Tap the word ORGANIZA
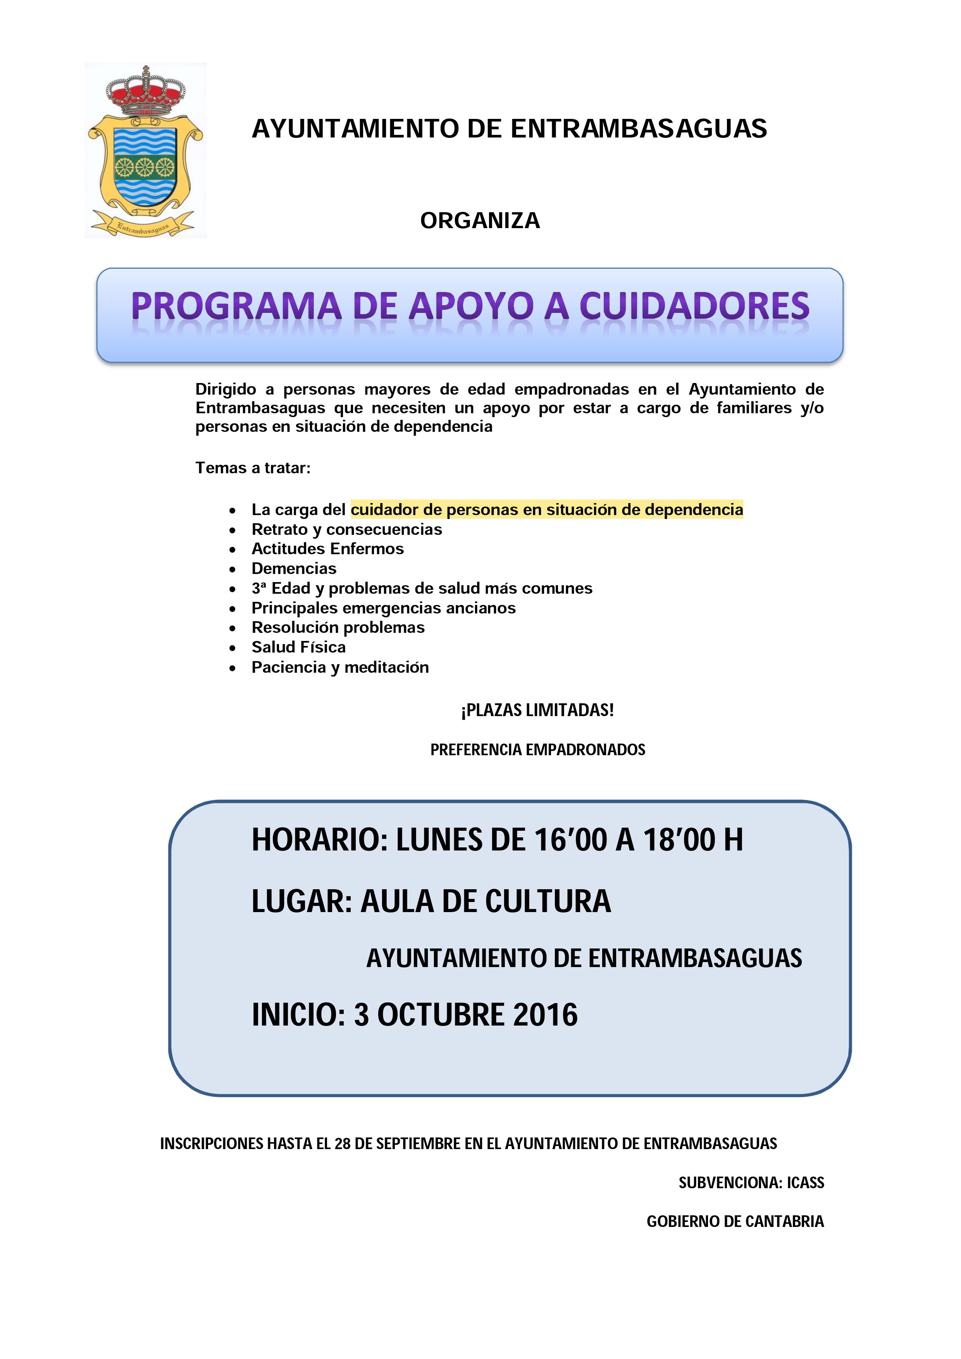480,221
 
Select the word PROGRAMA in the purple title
236,307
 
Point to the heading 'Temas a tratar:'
253,468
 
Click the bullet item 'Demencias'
294,569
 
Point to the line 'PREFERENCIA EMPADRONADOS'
537,750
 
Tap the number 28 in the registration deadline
342,1144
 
